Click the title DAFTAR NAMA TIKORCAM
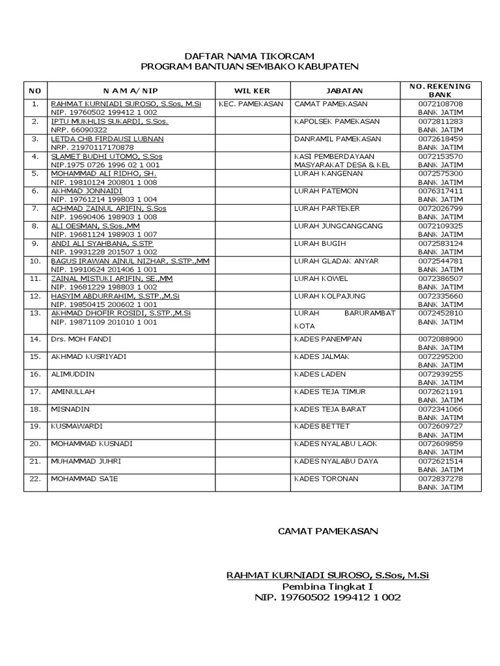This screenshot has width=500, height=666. [251, 55]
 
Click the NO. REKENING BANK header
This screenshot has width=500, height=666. [440, 90]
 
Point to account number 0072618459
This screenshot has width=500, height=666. [441, 139]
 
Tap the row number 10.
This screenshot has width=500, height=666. [35, 261]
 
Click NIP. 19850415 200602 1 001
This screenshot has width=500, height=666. [104, 304]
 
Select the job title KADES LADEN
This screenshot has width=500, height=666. [320, 375]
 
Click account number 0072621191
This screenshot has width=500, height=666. [441, 392]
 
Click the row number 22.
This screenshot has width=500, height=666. [35, 479]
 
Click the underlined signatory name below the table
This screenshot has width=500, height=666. [327, 575]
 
